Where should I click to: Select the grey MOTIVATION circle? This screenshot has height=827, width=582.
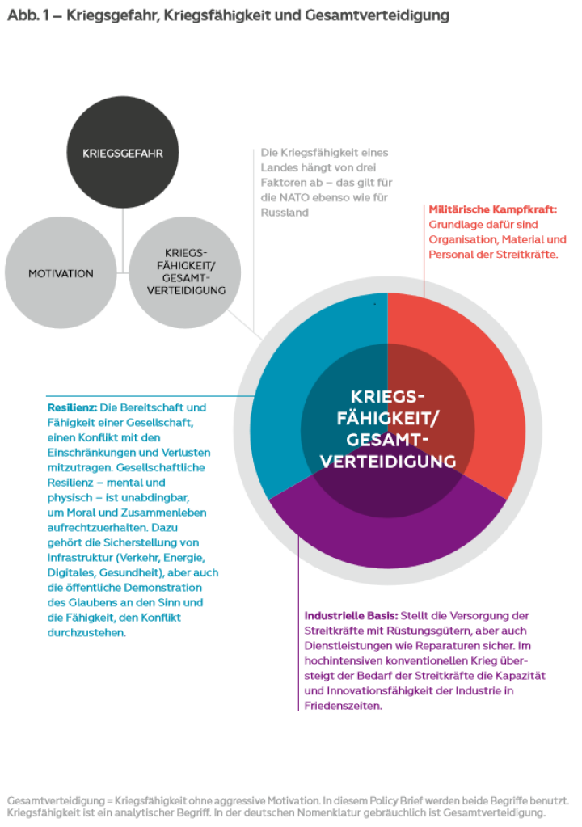61,273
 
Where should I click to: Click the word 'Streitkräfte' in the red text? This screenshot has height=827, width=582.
525,254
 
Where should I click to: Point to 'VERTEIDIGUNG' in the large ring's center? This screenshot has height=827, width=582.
387,461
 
